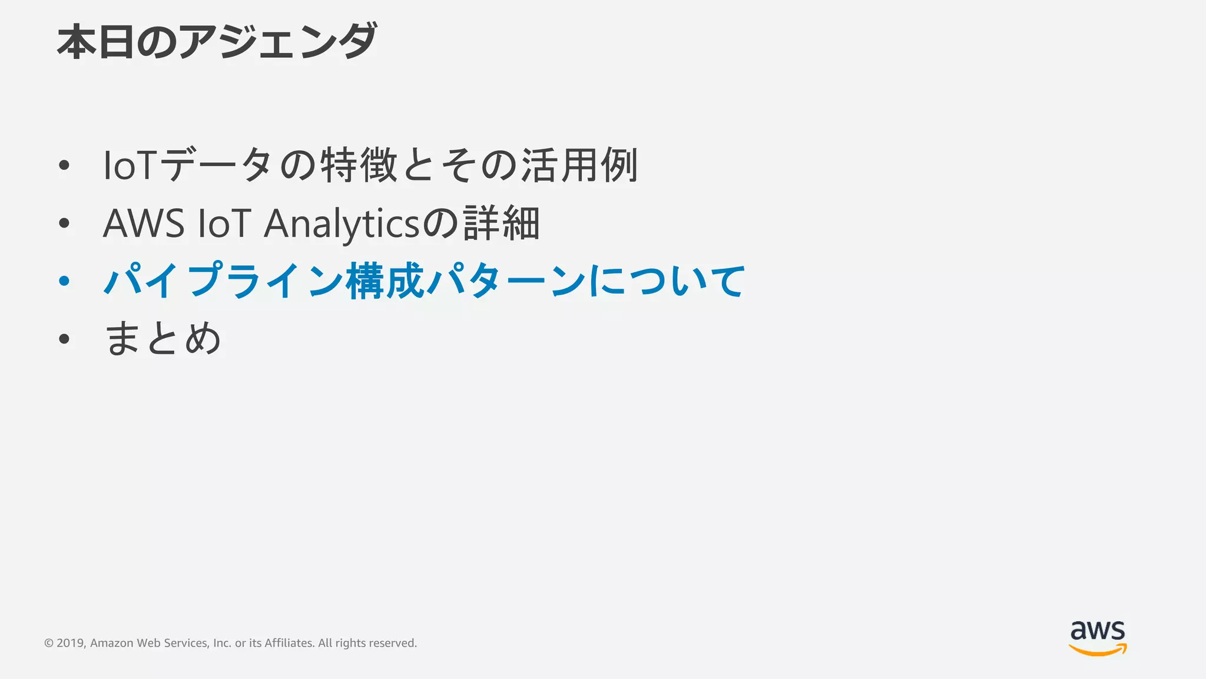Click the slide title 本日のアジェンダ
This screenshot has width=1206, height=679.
[x=217, y=41]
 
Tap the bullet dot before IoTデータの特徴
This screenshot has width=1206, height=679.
[x=64, y=166]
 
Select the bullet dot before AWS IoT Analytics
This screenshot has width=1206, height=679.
[x=64, y=223]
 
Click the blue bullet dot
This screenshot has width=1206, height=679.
[x=64, y=281]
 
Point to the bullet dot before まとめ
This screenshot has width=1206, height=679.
[x=64, y=339]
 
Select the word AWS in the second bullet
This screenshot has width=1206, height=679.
[x=144, y=224]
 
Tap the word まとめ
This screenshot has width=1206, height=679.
[x=163, y=339]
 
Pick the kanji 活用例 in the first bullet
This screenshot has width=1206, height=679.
[x=579, y=166]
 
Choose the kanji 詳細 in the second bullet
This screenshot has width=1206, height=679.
[x=501, y=223]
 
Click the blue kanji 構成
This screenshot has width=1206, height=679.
[x=385, y=281]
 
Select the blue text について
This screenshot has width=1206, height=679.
[x=667, y=281]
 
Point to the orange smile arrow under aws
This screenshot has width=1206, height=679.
[x=1098, y=650]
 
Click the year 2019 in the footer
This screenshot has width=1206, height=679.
[x=71, y=643]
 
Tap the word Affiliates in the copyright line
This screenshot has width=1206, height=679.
[x=289, y=643]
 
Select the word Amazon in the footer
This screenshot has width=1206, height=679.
[x=112, y=643]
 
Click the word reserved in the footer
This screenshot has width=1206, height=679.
[x=394, y=643]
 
